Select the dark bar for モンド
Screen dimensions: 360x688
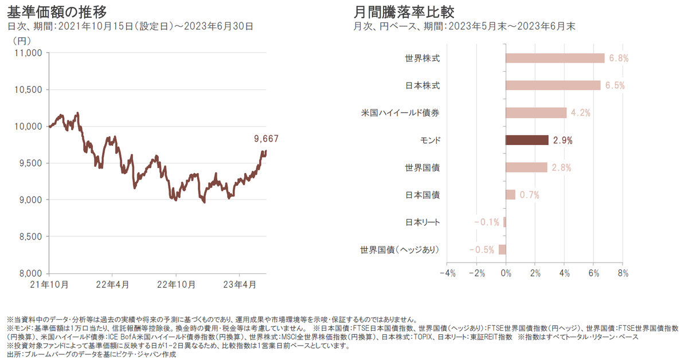click(x=527, y=140)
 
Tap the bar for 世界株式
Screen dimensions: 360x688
click(x=555, y=58)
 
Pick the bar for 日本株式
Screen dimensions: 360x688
click(x=553, y=85)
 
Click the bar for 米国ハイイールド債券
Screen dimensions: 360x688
click(x=536, y=113)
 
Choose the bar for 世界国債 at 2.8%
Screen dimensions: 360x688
click(x=526, y=167)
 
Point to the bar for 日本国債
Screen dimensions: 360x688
click(x=510, y=195)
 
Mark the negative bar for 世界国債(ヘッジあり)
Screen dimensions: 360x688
click(x=502, y=249)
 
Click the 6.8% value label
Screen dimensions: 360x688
click(x=619, y=58)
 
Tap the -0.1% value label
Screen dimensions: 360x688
click(x=487, y=222)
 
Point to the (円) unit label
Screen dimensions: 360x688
click(x=21, y=41)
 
